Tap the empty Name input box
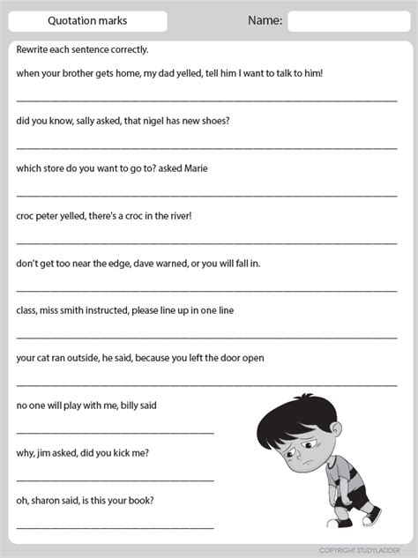tap(348, 21)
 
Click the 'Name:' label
tap(265, 20)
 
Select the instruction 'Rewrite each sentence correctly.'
tap(82, 49)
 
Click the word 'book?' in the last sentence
tap(140, 501)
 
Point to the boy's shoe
tap(370, 516)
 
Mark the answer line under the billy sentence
tap(115, 432)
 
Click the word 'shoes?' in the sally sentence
tap(214, 120)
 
